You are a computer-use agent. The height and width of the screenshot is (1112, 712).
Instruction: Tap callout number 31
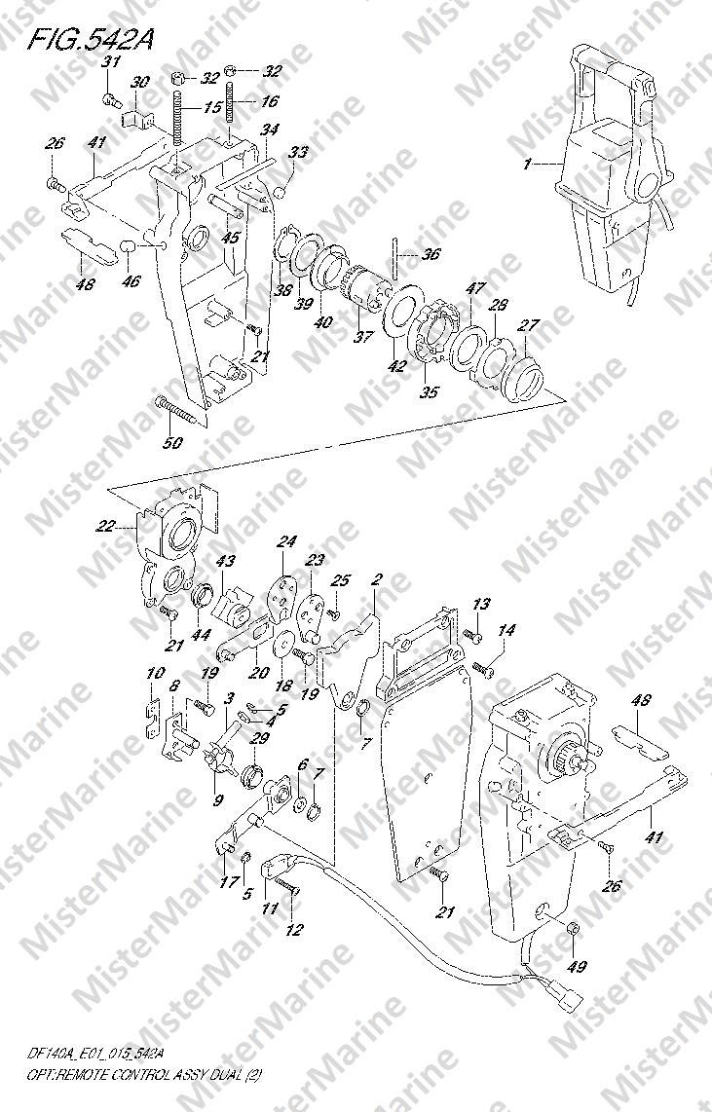111,63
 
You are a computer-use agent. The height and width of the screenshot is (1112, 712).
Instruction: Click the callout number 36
430,254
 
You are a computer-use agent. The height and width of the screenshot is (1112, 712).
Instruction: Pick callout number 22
104,527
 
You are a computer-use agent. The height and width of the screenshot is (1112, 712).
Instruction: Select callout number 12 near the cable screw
293,930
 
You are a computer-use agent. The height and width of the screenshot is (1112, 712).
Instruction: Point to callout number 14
506,631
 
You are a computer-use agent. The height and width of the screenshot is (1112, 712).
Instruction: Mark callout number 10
152,674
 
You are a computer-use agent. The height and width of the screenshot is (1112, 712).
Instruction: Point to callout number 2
377,580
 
